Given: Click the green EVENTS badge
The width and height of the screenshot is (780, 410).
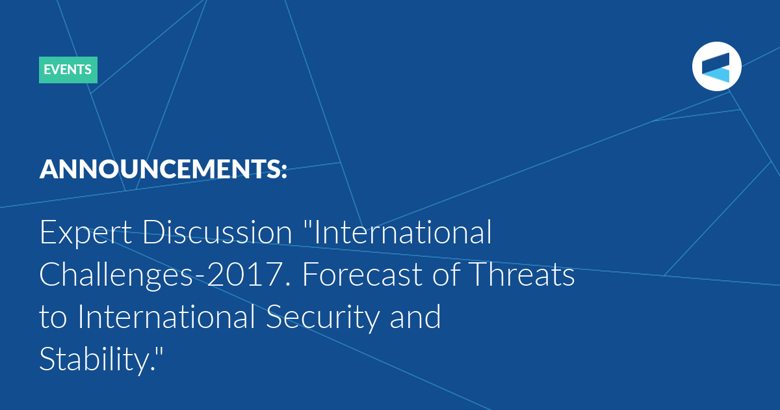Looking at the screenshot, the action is (x=68, y=70).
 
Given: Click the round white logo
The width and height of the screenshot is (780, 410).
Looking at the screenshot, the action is (x=716, y=66).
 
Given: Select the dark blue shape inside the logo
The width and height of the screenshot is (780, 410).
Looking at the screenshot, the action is (x=716, y=62).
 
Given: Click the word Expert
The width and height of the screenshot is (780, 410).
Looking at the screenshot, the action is (x=86, y=233).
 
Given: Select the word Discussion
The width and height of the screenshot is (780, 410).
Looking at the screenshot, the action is (x=217, y=232).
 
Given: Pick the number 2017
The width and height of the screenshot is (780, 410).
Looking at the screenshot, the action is (x=246, y=275).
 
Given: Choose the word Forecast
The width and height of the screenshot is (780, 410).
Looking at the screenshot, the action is (x=363, y=275).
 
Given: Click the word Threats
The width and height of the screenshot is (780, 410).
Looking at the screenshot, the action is (x=521, y=275).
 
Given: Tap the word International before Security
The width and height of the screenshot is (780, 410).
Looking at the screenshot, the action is (x=166, y=316).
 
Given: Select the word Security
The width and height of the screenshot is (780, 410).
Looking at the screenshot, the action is (x=322, y=318).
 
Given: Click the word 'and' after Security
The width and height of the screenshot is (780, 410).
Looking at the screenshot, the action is (x=415, y=316).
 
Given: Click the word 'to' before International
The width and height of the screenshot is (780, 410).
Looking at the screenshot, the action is (x=53, y=318).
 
